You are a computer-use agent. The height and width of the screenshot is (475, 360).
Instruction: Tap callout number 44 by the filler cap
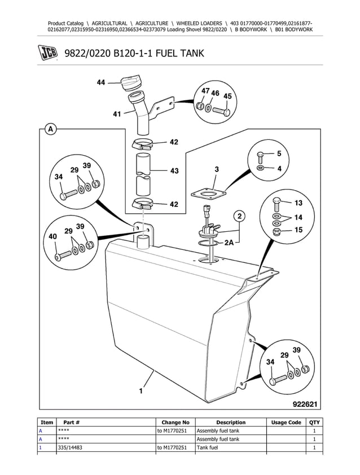point(100,82)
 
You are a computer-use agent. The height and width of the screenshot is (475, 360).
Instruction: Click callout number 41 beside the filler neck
point(117,114)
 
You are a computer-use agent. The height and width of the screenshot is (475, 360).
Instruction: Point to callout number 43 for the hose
point(174,170)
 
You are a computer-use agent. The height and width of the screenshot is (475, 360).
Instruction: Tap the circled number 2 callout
point(239,216)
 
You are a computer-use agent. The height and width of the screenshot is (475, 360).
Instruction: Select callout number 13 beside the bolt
point(299,203)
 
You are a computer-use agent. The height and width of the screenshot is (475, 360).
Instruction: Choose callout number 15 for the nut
point(299,230)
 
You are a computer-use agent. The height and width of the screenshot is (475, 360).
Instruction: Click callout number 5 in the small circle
point(278,153)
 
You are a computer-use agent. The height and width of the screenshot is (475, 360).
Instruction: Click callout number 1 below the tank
point(141,389)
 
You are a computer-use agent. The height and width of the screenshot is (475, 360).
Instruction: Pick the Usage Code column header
point(286,423)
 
